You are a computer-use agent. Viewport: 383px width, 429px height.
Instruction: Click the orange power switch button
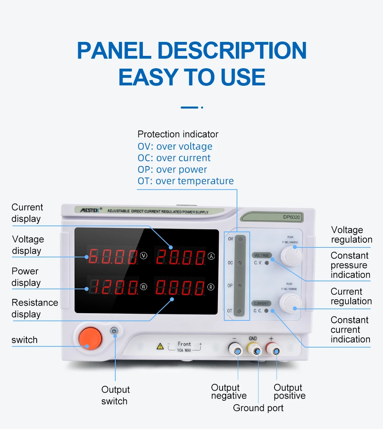tap(90, 338)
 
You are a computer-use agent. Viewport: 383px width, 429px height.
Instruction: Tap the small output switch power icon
tap(115, 331)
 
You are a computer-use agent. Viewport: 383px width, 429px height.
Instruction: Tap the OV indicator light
tap(240, 240)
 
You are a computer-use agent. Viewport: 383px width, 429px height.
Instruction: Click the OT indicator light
tap(240, 310)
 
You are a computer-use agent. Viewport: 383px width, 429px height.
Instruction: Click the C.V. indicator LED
tap(267, 263)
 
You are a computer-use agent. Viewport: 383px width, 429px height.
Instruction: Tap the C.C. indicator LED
tap(266, 310)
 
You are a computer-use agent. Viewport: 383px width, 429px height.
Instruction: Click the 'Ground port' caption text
tap(258, 408)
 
